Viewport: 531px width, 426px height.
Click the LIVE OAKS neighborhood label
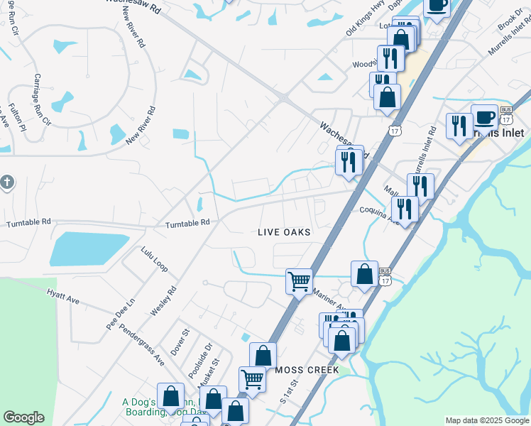(x=284, y=232)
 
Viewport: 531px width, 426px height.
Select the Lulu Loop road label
(x=154, y=259)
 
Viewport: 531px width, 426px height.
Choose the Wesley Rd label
(x=163, y=301)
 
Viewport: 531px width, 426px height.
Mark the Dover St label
(x=182, y=342)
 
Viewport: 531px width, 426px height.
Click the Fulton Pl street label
(x=17, y=119)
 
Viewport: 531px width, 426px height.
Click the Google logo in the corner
(x=23, y=417)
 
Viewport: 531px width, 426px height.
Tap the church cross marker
(x=7, y=182)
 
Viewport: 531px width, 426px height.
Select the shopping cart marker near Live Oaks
(x=299, y=280)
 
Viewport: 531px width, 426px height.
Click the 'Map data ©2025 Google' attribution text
(x=487, y=420)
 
